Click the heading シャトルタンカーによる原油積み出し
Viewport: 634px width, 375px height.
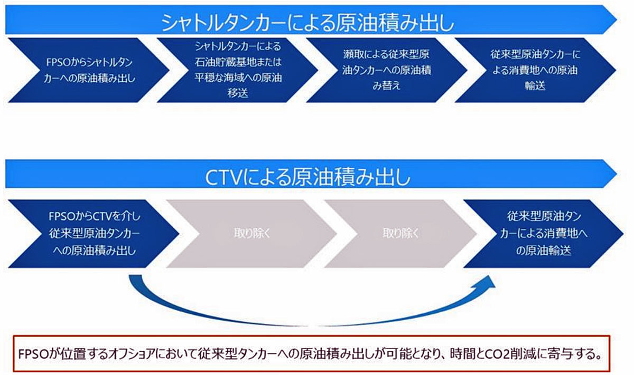pos(307,23)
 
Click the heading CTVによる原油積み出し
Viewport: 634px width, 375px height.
pos(307,177)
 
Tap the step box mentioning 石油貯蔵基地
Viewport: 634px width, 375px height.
pos(238,70)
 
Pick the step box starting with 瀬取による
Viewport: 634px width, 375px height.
pos(387,70)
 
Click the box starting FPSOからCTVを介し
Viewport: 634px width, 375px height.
pos(94,234)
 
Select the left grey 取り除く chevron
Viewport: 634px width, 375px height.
pos(251,234)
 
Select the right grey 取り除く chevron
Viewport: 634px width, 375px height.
pos(400,234)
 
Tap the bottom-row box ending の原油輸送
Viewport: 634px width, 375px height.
pos(544,234)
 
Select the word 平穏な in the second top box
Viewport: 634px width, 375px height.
pos(211,78)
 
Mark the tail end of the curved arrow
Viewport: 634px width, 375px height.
pos(135,276)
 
